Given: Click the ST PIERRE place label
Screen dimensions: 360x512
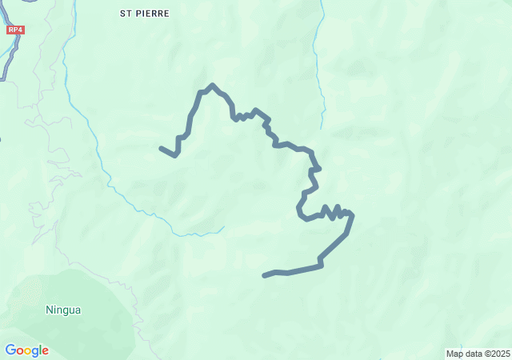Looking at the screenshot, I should (145, 14).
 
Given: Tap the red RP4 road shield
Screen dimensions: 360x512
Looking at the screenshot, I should (14, 30).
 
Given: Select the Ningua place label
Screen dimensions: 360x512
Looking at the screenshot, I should (63, 310).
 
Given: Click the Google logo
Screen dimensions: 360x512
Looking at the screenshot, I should (26, 350).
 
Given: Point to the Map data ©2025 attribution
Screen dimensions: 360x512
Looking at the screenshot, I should (478, 354).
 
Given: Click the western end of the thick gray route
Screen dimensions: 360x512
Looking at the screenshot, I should (162, 148).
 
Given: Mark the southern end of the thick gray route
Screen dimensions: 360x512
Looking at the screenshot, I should (265, 276).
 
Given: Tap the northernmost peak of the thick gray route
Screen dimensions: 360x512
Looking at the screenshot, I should (212, 85).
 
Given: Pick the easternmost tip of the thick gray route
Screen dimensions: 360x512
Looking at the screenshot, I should (352, 214).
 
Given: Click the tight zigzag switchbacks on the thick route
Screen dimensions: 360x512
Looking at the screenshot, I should (334, 212).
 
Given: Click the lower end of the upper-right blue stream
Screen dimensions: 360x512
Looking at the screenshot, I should (322, 126).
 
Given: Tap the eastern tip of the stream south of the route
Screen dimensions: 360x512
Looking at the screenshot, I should (223, 226).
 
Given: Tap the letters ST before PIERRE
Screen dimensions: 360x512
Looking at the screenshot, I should (126, 14).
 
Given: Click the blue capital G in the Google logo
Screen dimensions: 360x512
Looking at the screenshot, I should (11, 350).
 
